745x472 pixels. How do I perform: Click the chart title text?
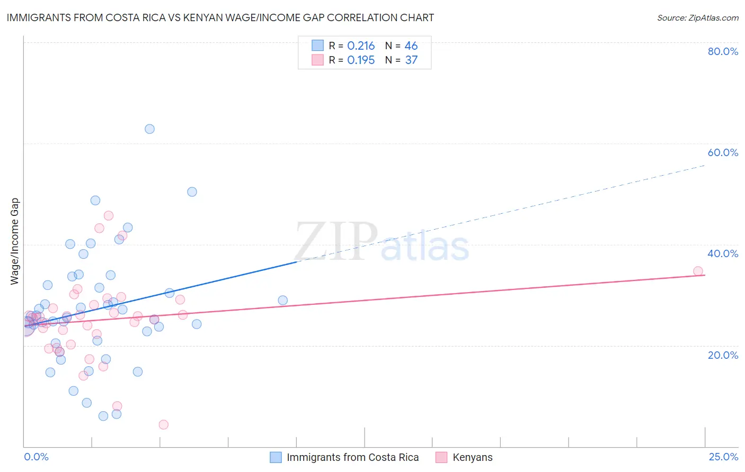(x=220, y=18)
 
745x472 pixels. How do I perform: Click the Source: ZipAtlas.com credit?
(x=697, y=18)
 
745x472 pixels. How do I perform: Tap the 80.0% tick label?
(x=723, y=51)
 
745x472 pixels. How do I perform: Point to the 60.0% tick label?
(x=723, y=152)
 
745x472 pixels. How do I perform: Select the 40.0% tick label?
(x=723, y=253)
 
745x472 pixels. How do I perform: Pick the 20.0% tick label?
(x=723, y=355)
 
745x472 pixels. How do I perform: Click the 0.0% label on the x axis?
(x=36, y=457)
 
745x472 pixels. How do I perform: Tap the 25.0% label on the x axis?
(x=723, y=457)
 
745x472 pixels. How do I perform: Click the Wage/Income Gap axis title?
(x=15, y=241)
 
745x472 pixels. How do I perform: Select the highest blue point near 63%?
(x=149, y=129)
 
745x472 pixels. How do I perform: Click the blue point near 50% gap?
(x=192, y=192)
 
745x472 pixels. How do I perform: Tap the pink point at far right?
(x=698, y=271)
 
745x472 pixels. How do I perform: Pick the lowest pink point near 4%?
(x=164, y=424)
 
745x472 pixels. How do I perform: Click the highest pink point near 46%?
(x=109, y=215)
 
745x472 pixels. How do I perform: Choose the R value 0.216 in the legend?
(x=361, y=46)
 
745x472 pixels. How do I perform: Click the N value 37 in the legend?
(x=411, y=60)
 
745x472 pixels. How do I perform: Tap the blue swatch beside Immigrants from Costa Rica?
(x=276, y=457)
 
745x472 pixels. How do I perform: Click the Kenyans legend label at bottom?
(x=472, y=457)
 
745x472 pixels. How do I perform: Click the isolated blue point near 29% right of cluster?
(x=282, y=301)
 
